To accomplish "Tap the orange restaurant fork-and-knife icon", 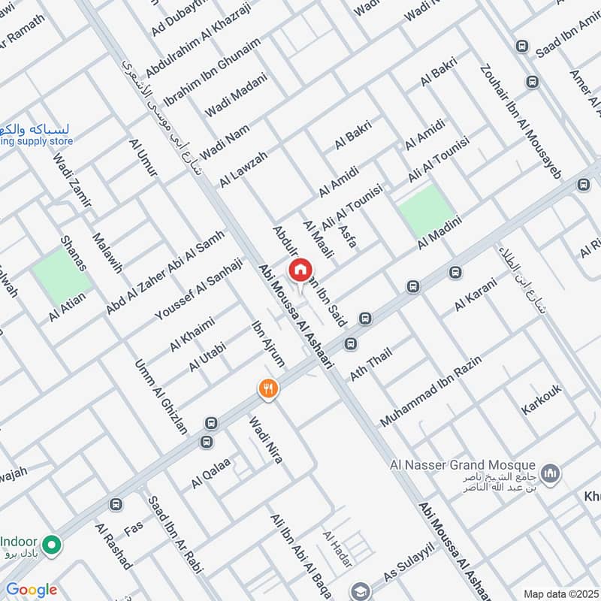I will coord(268,388).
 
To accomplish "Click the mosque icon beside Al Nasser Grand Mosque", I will coord(551,473).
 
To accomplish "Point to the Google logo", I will coord(32,590).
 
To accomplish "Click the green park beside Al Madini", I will coord(427,210).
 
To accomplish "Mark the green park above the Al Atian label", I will coord(62,276).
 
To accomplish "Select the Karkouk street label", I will coord(542,399).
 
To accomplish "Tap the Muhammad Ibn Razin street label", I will coord(430,391).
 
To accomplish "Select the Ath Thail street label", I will coord(370,364).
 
